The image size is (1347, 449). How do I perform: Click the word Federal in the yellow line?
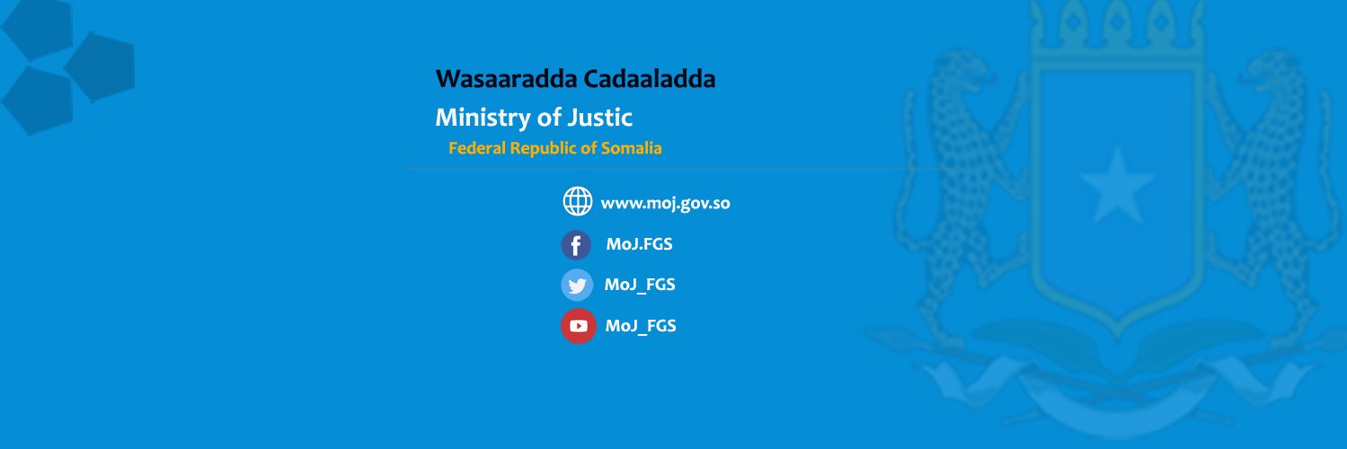click(x=477, y=148)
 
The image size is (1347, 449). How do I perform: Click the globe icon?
click(x=577, y=201)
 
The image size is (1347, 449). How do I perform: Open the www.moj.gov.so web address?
click(x=665, y=204)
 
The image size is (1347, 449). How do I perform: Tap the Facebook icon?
click(x=576, y=245)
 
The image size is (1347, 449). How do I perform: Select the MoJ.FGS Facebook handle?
click(x=639, y=244)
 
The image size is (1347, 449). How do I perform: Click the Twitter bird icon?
click(x=577, y=285)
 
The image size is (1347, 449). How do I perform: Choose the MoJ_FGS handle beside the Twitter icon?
click(x=640, y=286)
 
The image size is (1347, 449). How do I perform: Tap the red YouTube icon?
click(x=578, y=326)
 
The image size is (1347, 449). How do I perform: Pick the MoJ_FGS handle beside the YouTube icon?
click(x=641, y=326)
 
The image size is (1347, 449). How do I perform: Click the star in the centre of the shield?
click(x=1116, y=185)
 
